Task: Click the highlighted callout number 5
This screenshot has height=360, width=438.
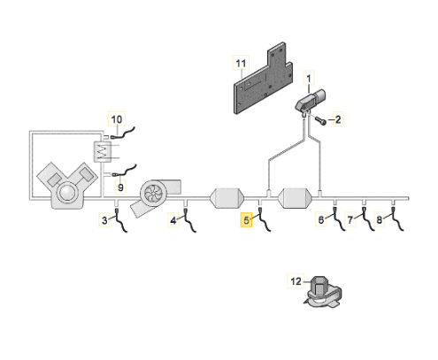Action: [246, 220]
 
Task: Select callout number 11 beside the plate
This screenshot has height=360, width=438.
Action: [241, 63]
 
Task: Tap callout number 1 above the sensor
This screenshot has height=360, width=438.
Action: [309, 79]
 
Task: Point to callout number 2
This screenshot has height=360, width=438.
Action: [338, 119]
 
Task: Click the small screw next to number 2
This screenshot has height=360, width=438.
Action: [320, 120]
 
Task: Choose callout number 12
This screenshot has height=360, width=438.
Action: [296, 281]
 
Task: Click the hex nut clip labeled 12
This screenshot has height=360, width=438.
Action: [323, 293]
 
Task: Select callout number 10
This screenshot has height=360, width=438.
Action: [117, 119]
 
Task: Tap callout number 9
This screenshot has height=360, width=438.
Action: [120, 188]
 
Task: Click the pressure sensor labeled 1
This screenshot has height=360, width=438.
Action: [311, 101]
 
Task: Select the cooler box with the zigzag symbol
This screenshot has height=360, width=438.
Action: [103, 151]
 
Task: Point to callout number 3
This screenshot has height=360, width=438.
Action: [104, 220]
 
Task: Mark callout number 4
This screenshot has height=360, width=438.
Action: [173, 220]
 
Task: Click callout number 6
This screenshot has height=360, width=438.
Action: [321, 219]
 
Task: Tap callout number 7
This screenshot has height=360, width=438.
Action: [350, 219]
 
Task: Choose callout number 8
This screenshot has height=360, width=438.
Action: [379, 219]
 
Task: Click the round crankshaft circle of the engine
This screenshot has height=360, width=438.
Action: [67, 193]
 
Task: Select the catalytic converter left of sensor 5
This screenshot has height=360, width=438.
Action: [227, 198]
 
